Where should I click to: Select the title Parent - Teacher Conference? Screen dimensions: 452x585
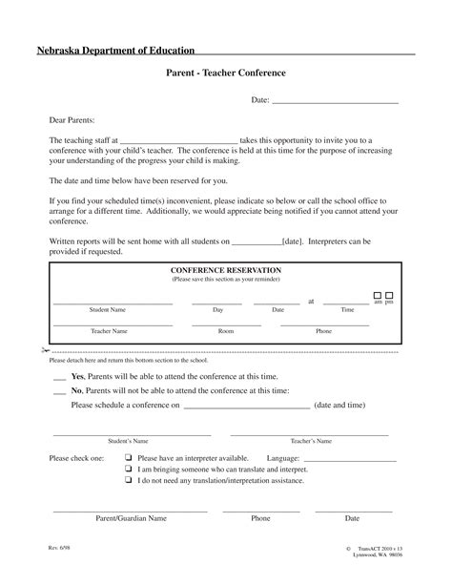tap(226, 73)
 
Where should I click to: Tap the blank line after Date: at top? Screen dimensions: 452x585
tap(336, 102)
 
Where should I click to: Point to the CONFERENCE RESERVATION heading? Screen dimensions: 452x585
tap(226, 271)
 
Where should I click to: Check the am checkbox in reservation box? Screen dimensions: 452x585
tap(378, 296)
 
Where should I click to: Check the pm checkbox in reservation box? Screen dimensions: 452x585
tap(390, 296)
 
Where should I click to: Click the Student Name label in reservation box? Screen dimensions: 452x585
tap(108, 310)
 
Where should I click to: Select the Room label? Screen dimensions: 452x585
tap(226, 330)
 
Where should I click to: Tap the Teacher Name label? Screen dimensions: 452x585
tap(109, 330)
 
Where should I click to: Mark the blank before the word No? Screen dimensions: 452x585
tap(60, 391)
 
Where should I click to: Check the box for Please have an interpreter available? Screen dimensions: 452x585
tap(128, 457)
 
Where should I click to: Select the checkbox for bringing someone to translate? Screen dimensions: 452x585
tap(128, 470)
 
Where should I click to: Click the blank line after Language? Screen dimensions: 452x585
tap(346, 459)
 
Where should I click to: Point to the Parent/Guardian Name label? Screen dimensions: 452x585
tap(131, 518)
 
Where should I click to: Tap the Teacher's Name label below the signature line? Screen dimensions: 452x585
tap(311, 441)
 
